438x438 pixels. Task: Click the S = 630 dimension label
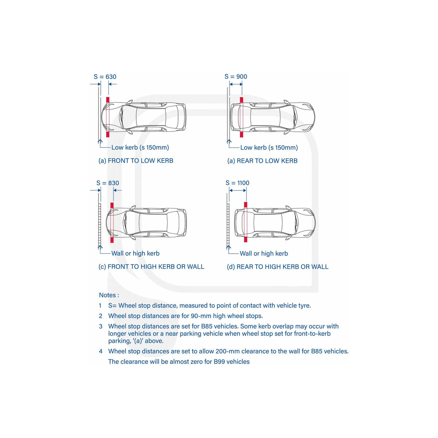[x=105, y=77]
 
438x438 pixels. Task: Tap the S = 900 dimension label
[x=236, y=77]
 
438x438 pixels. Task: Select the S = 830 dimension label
[x=108, y=183]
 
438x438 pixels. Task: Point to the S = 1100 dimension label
[x=237, y=183]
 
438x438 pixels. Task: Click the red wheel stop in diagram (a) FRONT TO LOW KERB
[x=108, y=117]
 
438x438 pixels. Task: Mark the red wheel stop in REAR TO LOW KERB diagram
[x=241, y=117]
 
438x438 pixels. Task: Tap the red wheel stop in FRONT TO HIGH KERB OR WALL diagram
[x=112, y=223]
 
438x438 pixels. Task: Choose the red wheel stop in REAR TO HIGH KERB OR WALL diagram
[x=246, y=222]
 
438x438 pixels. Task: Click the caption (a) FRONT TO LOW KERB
[x=136, y=161]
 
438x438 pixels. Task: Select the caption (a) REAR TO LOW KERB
[x=262, y=161]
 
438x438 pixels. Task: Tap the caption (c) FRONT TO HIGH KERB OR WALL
[x=151, y=267]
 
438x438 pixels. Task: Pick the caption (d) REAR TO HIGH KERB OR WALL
[x=277, y=267]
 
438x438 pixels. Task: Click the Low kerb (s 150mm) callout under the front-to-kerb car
[x=140, y=147]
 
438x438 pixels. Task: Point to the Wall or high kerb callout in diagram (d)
[x=264, y=253]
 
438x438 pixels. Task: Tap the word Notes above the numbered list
[x=107, y=295]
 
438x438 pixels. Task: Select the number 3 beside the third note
[x=101, y=326]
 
